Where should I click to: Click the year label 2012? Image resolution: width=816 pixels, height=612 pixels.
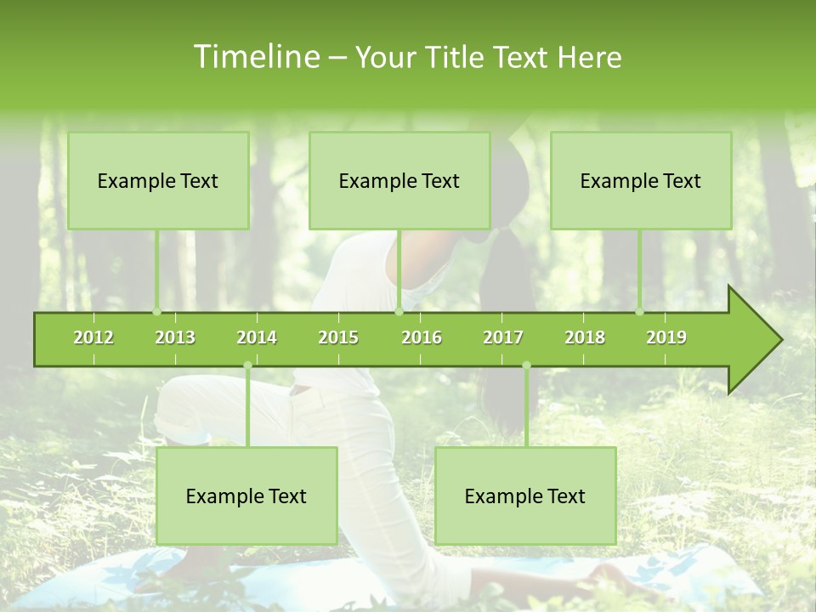coord(93,337)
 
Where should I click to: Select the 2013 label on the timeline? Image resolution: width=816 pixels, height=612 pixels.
coord(175,337)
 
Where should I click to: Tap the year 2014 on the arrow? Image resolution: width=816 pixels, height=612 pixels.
coord(257,337)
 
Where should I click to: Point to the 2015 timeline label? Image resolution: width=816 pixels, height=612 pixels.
coord(338,337)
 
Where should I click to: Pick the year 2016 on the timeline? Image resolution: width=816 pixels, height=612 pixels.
coord(422,337)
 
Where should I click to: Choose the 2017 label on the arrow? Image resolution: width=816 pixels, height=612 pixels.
coord(503,337)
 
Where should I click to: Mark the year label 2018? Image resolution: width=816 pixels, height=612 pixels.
coord(585,337)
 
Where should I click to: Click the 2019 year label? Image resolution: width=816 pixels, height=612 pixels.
coord(666,337)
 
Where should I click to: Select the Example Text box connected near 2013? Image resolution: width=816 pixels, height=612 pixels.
coord(158,180)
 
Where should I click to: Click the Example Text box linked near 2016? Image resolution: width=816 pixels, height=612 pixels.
coord(399,180)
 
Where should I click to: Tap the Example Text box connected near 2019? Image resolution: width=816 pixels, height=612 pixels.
coord(641,180)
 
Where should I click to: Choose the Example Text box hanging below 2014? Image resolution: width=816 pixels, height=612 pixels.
coord(246,496)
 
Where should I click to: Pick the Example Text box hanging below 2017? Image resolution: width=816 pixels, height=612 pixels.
coord(525,496)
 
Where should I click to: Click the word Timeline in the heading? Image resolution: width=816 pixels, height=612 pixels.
coord(255,57)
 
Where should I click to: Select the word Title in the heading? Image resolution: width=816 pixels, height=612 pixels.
coord(459,57)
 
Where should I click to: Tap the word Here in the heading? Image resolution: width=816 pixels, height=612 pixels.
coord(589,57)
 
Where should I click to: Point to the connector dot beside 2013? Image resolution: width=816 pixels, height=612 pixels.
coord(156,311)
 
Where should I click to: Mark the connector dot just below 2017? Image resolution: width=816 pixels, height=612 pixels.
coord(526,365)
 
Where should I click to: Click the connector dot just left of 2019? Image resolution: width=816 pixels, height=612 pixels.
coord(640,311)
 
